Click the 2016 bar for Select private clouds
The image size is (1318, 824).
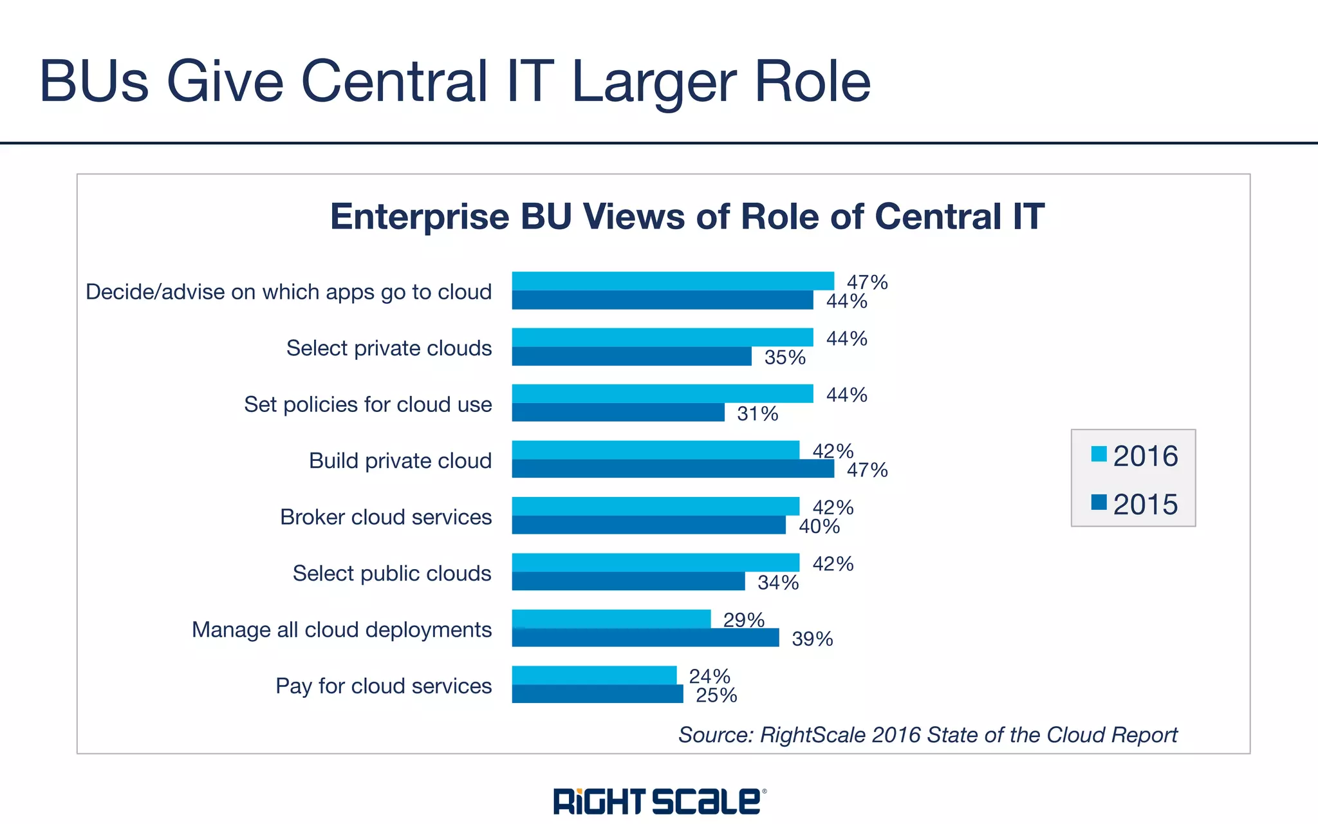[x=662, y=337]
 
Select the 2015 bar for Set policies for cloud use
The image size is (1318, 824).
[x=618, y=413]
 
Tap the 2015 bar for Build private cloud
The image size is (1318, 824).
[x=673, y=469]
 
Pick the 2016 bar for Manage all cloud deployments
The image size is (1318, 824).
[x=611, y=619]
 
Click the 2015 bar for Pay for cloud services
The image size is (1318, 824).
[x=597, y=694]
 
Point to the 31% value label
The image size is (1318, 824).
[x=757, y=413]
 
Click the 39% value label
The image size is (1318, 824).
[x=812, y=639]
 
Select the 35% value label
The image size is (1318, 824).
[x=784, y=357]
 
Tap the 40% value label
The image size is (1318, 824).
[x=819, y=527]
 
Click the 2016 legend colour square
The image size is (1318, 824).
[x=1099, y=454]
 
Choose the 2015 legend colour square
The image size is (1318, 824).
[x=1099, y=502]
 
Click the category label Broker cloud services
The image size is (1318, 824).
[x=385, y=517]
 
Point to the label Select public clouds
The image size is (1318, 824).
[x=391, y=573]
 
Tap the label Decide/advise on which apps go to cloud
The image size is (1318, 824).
[x=288, y=292]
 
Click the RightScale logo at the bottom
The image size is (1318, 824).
[x=659, y=801]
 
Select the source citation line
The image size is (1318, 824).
[x=927, y=735]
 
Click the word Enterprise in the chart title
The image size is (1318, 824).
[x=420, y=216]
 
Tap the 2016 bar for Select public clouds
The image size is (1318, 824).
[x=655, y=563]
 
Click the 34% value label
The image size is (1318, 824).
[x=778, y=583]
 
